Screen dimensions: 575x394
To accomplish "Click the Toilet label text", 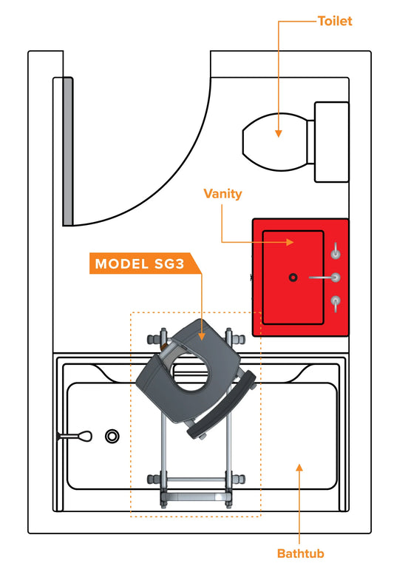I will coord(335,21).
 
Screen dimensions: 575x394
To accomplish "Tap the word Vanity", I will coord(223,194).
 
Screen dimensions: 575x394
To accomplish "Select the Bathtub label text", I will coord(299,553).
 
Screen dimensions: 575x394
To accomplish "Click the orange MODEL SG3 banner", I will coord(140,264).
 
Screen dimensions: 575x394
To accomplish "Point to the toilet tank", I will coord(331,141).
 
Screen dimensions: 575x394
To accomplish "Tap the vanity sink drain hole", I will coord(293,278).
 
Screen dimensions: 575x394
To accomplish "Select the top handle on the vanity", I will coord(336,252).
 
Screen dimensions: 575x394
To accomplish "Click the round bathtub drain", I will coord(112,436).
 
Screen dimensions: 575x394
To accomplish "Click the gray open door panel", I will coord(67,152).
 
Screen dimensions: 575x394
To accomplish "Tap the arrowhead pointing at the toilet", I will coord(279,132).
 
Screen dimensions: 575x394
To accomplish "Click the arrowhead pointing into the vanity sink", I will coord(293,242).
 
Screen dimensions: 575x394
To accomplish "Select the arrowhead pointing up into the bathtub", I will coord(299,467).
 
